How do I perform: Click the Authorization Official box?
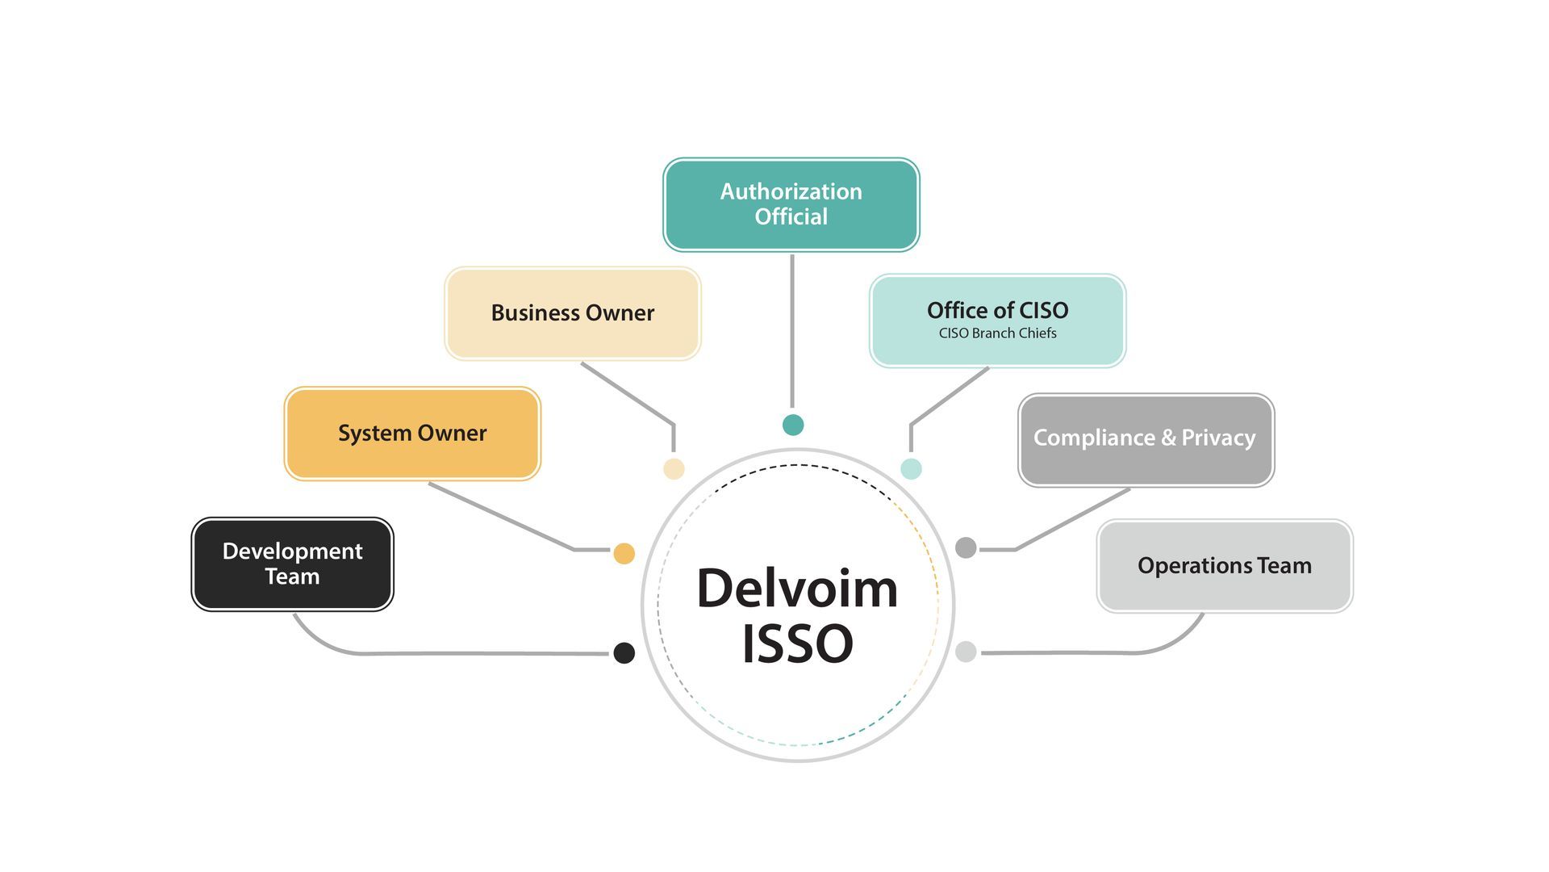click(x=791, y=204)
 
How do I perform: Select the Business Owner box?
click(x=573, y=313)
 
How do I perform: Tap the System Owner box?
click(x=412, y=434)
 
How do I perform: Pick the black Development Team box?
click(x=292, y=564)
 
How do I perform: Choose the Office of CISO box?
click(x=997, y=320)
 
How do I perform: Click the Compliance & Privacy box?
click(x=1146, y=439)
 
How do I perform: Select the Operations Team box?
click(x=1224, y=565)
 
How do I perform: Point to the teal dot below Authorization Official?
click(x=793, y=425)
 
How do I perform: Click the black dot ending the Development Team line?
click(x=624, y=652)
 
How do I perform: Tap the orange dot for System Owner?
click(x=624, y=553)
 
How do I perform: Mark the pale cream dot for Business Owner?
click(x=674, y=468)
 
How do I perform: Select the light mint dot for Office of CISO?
click(x=911, y=468)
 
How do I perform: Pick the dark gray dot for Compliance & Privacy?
click(x=966, y=547)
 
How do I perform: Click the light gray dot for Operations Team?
click(x=966, y=652)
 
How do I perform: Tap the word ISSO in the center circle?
click(x=797, y=644)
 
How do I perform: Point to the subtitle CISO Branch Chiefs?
click(x=997, y=333)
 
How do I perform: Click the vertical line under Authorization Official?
click(x=792, y=331)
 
